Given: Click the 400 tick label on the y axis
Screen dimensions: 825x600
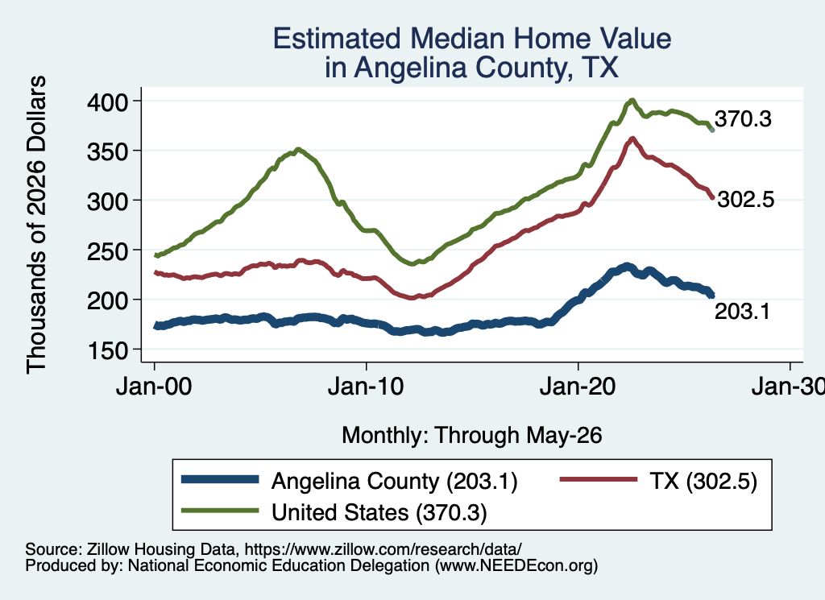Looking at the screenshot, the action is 107,102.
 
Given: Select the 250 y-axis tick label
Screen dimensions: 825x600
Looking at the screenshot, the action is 107,251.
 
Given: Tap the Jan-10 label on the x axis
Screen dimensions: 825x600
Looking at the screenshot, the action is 366,387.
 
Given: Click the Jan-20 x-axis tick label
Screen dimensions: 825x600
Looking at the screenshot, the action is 578,387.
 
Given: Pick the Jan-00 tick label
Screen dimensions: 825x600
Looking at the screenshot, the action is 154,387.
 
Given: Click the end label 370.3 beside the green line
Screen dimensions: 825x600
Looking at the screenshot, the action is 743,119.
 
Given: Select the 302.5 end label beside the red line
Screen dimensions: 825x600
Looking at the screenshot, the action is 746,199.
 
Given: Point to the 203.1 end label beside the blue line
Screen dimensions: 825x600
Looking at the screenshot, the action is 742,312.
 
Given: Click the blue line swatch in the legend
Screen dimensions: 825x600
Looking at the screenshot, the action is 220,479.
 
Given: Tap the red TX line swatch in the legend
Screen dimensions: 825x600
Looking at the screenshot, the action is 599,479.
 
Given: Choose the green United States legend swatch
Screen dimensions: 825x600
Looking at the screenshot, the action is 220,511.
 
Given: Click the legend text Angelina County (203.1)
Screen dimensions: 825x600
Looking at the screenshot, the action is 395,481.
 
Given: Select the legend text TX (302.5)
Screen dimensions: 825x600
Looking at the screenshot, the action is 703,481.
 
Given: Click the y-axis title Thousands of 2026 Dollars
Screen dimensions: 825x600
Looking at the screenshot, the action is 36,225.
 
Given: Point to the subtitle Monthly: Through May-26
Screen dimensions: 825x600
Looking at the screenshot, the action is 472,436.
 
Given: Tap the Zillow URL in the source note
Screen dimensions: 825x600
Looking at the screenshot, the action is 383,549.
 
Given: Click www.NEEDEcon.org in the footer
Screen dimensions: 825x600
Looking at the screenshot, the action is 516,566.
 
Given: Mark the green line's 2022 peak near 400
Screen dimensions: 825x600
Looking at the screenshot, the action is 632,100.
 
